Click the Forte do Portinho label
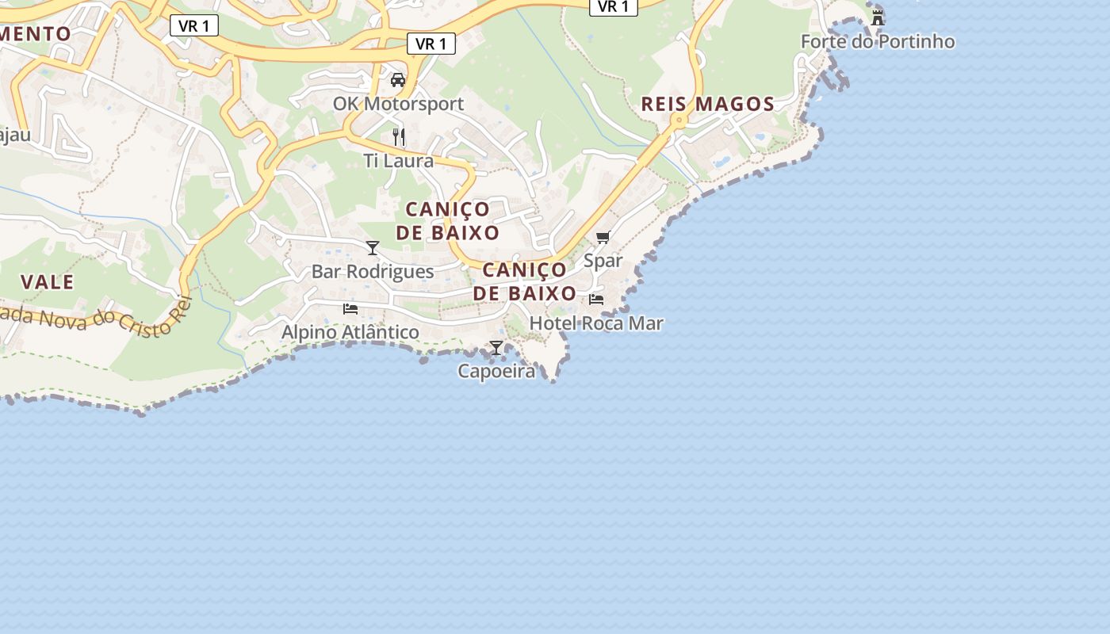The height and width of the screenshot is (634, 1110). [878, 41]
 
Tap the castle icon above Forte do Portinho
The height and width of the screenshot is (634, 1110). [878, 17]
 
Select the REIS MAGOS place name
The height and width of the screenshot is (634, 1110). [707, 104]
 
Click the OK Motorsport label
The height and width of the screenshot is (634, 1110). [398, 104]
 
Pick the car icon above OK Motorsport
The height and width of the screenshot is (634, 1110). [398, 80]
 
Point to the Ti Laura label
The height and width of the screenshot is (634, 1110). [399, 161]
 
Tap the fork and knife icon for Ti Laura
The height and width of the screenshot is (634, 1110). [399, 137]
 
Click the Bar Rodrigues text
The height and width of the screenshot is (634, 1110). [373, 271]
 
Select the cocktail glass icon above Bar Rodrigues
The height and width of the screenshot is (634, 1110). [373, 248]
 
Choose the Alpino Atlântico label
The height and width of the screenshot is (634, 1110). [350, 332]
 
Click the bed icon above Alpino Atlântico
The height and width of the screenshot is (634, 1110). [350, 308]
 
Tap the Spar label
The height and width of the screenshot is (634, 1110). [603, 260]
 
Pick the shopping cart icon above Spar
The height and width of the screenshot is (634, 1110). [603, 237]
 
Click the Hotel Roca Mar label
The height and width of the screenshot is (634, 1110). [596, 323]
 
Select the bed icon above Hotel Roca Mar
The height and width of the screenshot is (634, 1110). [596, 300]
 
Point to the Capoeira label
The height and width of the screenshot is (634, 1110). [496, 371]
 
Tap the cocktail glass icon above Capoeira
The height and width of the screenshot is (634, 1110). [496, 347]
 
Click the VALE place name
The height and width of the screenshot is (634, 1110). [48, 282]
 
